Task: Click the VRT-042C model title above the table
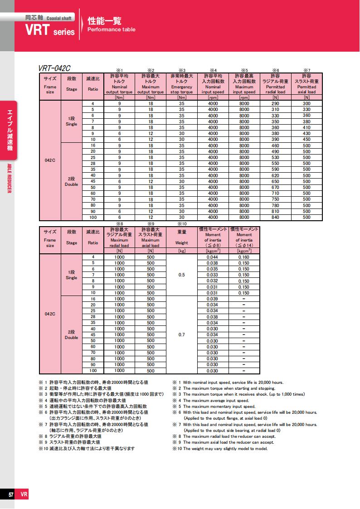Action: pyautogui.click(x=55, y=68)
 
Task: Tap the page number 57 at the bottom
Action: pyautogui.click(x=10, y=495)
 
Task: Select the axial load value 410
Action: pyautogui.click(x=306, y=127)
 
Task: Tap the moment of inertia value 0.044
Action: pyautogui.click(x=212, y=257)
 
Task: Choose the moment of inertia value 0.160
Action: pyautogui.click(x=244, y=257)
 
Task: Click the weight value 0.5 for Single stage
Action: pyautogui.click(x=181, y=275)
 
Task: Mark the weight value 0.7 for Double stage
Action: pyautogui.click(x=181, y=334)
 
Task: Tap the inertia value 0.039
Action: pyautogui.click(x=212, y=299)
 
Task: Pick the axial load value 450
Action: pyautogui.click(x=306, y=139)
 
